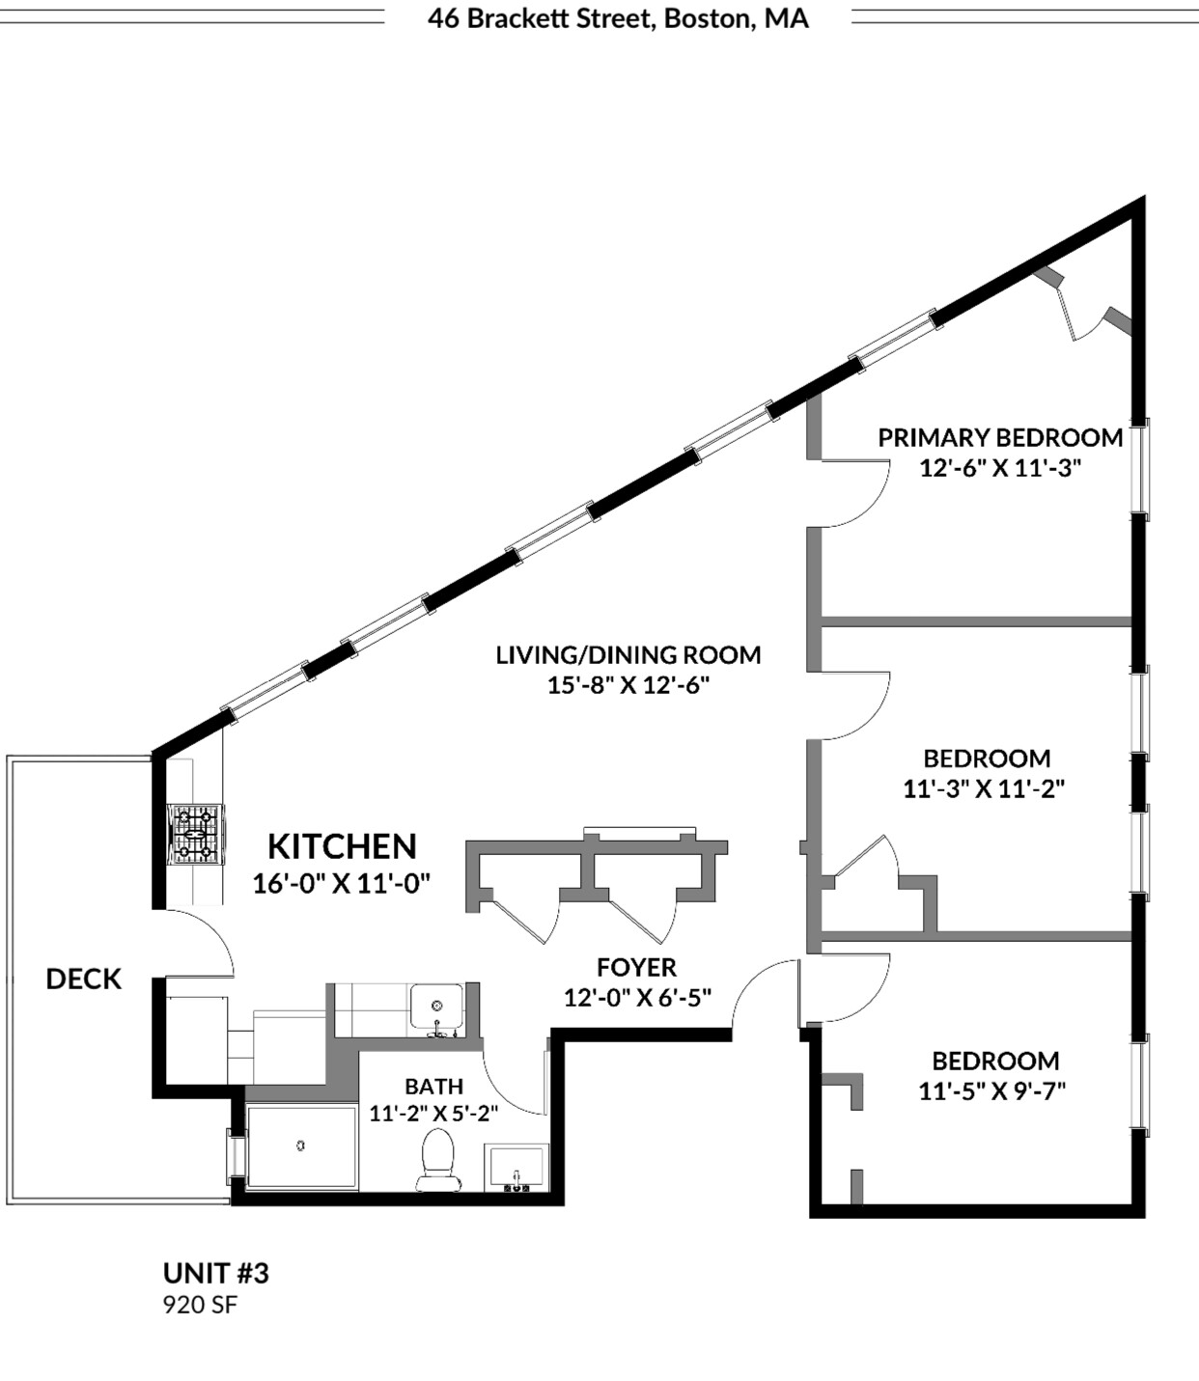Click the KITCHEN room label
(x=342, y=846)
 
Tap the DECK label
(x=84, y=979)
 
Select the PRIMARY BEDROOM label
(x=999, y=437)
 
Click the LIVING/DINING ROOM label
(x=628, y=654)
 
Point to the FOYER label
(x=636, y=967)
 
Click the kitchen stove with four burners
(x=196, y=832)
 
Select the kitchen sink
(x=436, y=1008)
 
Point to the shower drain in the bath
(x=301, y=1146)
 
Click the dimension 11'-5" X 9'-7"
(x=991, y=1091)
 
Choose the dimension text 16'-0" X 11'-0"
(x=341, y=883)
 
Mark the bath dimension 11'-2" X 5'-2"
(x=433, y=1113)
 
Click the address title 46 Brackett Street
(x=618, y=18)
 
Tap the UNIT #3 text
(x=216, y=1273)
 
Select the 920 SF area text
(x=200, y=1306)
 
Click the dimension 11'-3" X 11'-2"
(x=984, y=788)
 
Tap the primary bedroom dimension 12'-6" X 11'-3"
(x=999, y=468)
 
